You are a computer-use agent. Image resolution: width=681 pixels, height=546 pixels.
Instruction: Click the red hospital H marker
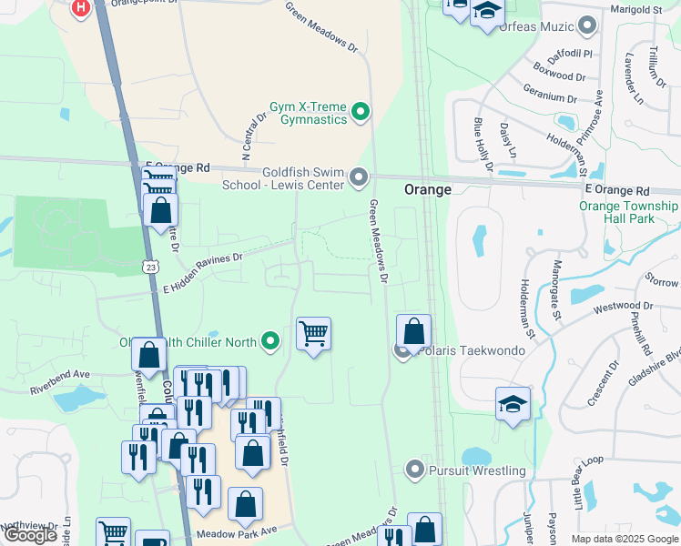[x=81, y=8]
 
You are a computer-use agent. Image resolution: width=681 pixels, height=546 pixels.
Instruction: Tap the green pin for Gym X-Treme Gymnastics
[x=361, y=113]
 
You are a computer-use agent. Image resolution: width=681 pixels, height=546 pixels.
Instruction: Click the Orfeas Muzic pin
[x=588, y=26]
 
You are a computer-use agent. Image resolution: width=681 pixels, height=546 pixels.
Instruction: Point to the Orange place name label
[x=428, y=189]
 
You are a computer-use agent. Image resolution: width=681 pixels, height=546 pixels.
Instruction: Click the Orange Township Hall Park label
[x=628, y=213]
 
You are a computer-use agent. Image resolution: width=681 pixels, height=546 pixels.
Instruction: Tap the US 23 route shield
[x=150, y=265]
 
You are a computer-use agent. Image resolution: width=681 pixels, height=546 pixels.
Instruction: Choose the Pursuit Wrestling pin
[x=415, y=470]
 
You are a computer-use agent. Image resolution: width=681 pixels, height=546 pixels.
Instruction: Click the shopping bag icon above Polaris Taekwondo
[x=413, y=331]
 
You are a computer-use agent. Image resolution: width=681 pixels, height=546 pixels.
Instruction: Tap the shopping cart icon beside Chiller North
[x=313, y=334]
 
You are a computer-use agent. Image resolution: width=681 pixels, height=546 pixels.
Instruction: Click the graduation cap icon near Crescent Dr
[x=513, y=404]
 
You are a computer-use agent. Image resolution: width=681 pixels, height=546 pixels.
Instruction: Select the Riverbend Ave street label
[x=60, y=374]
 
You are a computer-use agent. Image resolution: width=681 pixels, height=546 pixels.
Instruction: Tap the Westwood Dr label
[x=624, y=308]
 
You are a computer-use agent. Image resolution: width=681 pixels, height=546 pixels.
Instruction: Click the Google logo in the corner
[x=30, y=535]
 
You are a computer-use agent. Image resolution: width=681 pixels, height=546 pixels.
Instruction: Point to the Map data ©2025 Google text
[x=624, y=539]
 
